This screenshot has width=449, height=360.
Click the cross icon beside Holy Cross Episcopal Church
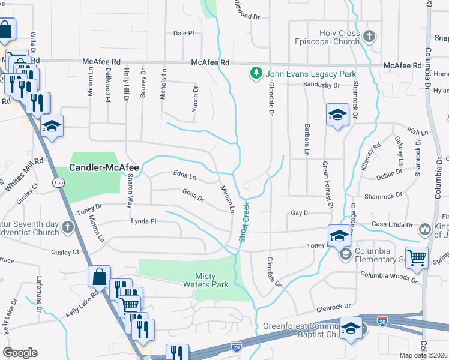(x=369, y=37)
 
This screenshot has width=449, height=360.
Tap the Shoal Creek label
(x=244, y=223)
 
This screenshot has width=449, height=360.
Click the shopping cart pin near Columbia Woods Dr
(x=417, y=257)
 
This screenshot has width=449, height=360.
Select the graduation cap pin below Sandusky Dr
(x=338, y=114)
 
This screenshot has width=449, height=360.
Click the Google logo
(x=20, y=353)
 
